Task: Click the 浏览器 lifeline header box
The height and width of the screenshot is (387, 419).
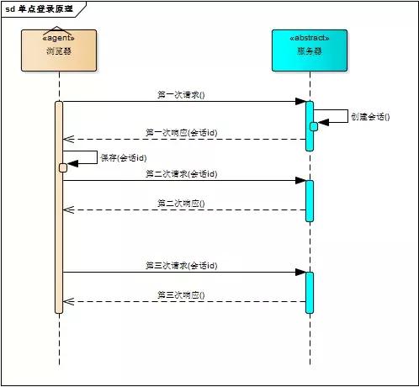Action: pyautogui.click(x=59, y=50)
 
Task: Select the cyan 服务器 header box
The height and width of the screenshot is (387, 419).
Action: pyautogui.click(x=309, y=50)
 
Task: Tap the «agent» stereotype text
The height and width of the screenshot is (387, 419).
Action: pyautogui.click(x=59, y=38)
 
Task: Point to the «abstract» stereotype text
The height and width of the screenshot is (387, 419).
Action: pyautogui.click(x=309, y=38)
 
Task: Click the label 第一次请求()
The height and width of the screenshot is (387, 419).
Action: pyautogui.click(x=181, y=95)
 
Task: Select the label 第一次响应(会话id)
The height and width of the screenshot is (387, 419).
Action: pyautogui.click(x=181, y=133)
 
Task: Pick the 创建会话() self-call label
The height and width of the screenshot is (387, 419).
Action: pyautogui.click(x=370, y=117)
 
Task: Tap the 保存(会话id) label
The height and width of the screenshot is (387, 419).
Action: pyautogui.click(x=124, y=158)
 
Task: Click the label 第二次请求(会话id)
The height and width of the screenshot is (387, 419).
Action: pyautogui.click(x=181, y=173)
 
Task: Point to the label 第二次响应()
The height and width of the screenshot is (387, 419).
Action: pyautogui.click(x=181, y=204)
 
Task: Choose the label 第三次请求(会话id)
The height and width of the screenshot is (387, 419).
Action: pyautogui.click(x=181, y=265)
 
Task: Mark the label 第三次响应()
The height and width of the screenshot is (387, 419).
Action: pyautogui.click(x=181, y=295)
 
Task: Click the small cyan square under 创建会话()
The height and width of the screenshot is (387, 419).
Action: pyautogui.click(x=314, y=126)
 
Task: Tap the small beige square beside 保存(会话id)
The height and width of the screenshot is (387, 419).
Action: pyautogui.click(x=63, y=167)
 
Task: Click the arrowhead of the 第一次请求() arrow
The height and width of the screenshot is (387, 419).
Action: pyautogui.click(x=300, y=102)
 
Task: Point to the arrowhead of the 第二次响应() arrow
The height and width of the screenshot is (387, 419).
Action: pyautogui.click(x=68, y=209)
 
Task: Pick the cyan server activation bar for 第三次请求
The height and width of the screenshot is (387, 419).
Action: pyautogui.click(x=309, y=292)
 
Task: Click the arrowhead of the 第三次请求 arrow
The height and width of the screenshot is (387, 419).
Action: pyautogui.click(x=300, y=272)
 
